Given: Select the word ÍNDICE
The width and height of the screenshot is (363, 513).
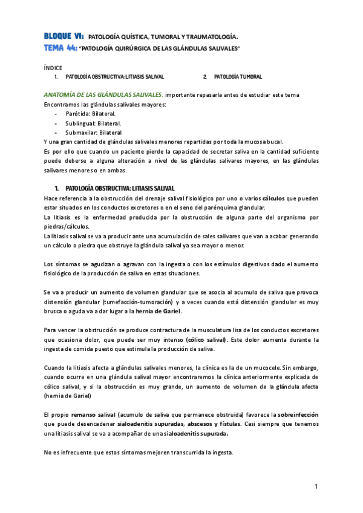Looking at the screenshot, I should [x=53, y=68].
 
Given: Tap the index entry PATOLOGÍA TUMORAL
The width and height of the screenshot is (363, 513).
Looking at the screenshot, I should [x=238, y=77].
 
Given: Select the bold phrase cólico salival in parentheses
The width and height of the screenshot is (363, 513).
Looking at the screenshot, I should [x=204, y=339].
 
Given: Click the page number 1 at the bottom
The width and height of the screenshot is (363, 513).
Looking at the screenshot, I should [x=316, y=487].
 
